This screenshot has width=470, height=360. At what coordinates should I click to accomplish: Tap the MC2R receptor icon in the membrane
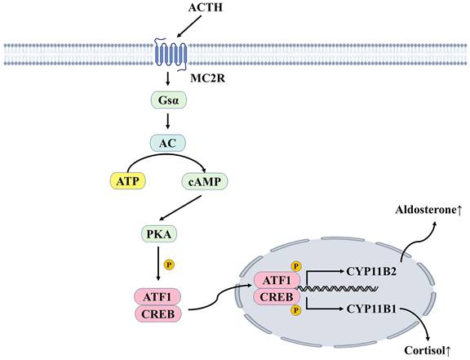click(x=172, y=54)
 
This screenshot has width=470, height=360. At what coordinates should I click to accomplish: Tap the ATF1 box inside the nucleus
click(x=277, y=281)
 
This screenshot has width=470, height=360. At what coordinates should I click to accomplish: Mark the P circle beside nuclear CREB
click(x=295, y=310)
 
